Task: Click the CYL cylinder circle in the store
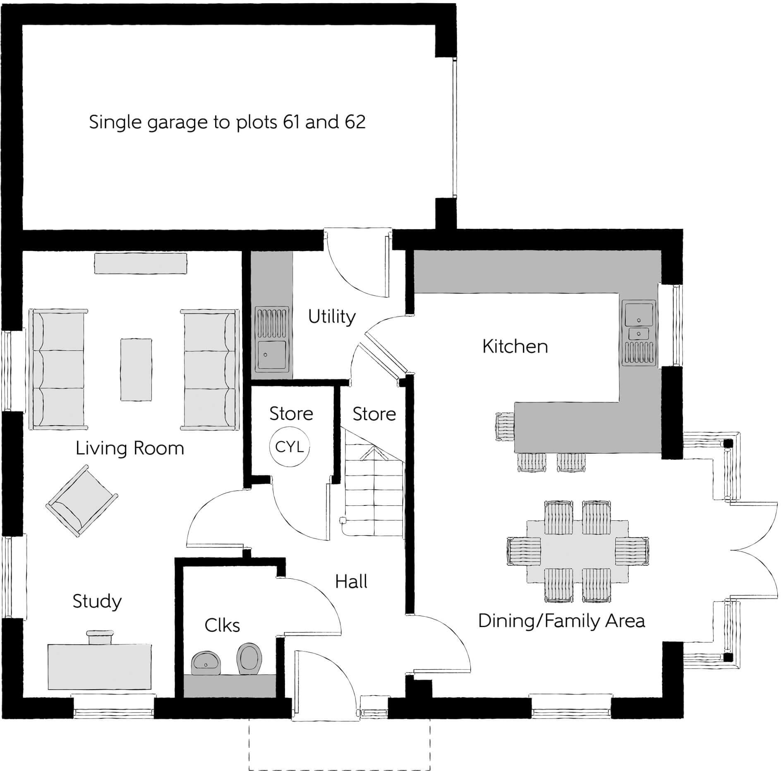[289, 447]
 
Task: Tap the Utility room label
[332, 317]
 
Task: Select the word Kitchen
[515, 347]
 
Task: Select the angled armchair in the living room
[82, 501]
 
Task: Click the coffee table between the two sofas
[136, 369]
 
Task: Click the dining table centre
[577, 551]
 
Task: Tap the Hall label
[351, 582]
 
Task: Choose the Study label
[97, 601]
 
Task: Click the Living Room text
[129, 449]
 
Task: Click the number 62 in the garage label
[355, 122]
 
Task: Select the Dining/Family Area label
[561, 621]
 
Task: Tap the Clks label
[222, 625]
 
